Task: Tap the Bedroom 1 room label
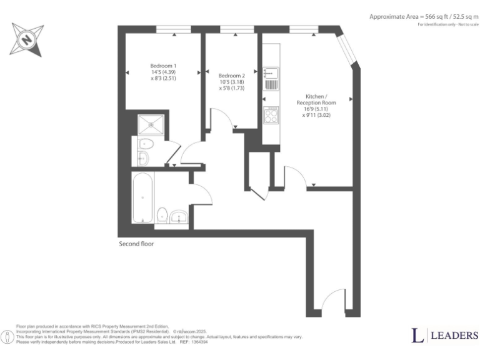163,66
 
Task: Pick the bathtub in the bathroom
142,198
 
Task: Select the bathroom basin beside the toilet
179,217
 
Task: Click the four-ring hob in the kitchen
272,116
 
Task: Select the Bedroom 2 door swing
221,119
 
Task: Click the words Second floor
136,244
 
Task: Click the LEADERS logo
444,336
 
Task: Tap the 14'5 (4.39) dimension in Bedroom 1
163,72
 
